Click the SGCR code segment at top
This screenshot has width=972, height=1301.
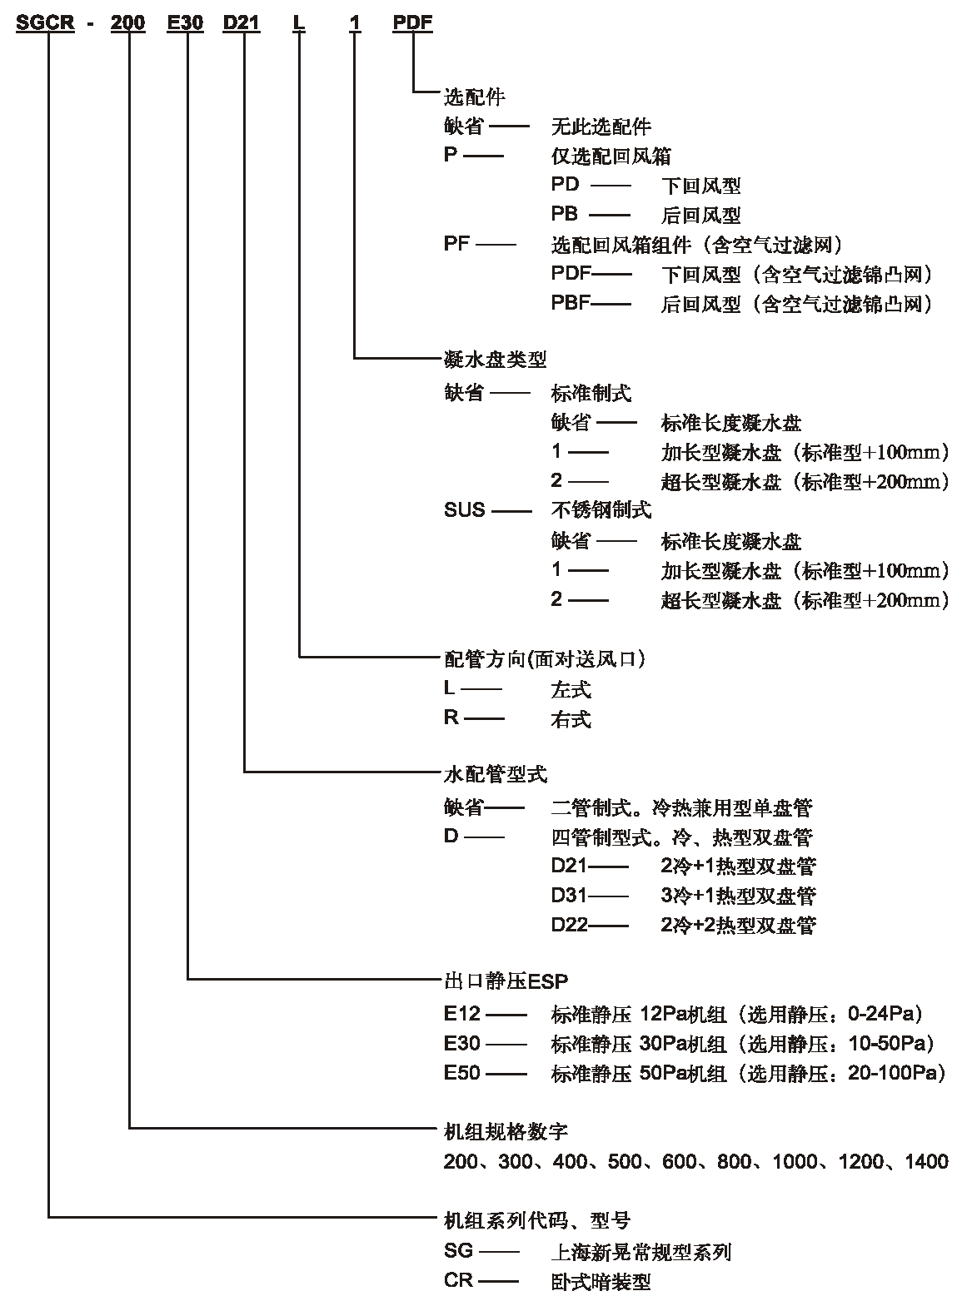click(x=45, y=22)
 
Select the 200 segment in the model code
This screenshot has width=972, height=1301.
click(x=127, y=22)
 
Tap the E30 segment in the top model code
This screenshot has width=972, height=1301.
click(x=185, y=22)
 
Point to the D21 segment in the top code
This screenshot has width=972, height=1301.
click(x=242, y=22)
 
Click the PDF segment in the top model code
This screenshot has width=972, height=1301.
click(x=413, y=22)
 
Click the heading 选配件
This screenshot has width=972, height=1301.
click(x=475, y=97)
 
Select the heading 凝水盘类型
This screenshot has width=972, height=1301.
click(x=496, y=360)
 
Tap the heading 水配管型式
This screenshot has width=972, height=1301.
click(x=496, y=773)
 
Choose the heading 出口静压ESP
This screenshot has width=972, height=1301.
click(x=506, y=981)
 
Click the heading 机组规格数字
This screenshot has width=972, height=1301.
click(x=506, y=1131)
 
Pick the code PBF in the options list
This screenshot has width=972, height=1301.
click(x=571, y=303)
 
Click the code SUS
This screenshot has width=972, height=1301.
click(x=465, y=509)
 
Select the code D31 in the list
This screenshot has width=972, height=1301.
click(x=569, y=895)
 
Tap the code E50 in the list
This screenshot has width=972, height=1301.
click(x=462, y=1073)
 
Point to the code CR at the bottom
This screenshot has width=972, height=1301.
click(x=458, y=1280)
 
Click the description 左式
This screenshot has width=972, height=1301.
click(x=571, y=689)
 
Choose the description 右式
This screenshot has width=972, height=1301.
click(x=571, y=719)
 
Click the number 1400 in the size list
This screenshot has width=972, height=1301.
click(x=927, y=1161)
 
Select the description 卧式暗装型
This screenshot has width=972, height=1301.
click(x=601, y=1282)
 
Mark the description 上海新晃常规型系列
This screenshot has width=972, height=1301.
click(x=641, y=1252)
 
